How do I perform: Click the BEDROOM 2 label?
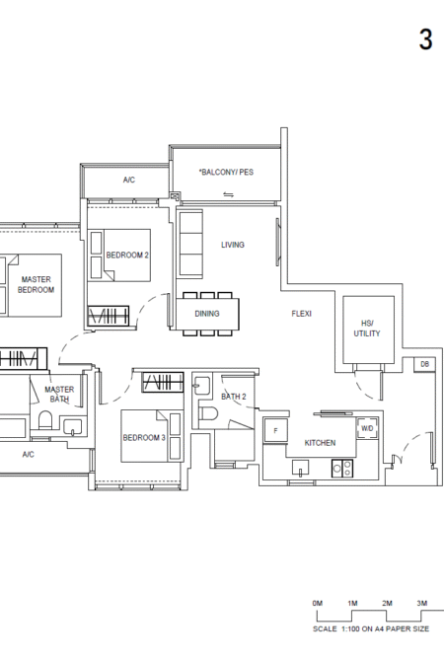127,256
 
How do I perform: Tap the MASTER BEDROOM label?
36,284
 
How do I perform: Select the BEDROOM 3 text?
144,438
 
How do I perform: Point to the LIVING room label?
233,245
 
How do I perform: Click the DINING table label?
207,314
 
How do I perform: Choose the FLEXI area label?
302,314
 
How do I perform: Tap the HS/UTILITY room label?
367,329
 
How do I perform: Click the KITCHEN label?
320,443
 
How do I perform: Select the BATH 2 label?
234,397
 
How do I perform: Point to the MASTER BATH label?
59,395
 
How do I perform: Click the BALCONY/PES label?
226,172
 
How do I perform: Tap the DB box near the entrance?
424,364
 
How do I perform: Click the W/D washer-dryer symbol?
367,428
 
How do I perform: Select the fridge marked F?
275,430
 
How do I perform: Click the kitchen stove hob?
342,468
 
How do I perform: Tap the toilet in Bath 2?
208,413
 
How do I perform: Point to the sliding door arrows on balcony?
228,194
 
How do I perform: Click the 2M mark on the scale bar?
387,603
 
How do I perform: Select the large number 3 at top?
426,39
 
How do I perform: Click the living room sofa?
189,244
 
